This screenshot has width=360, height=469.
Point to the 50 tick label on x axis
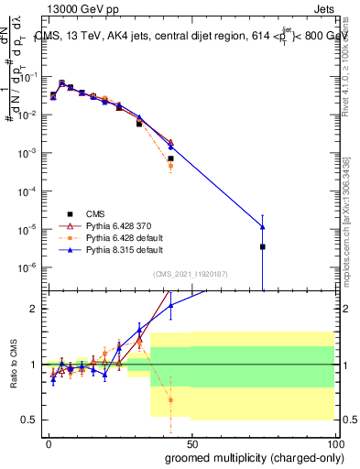click(191, 442)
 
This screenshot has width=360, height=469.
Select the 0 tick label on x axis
click(49, 442)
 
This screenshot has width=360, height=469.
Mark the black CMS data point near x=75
click(263, 246)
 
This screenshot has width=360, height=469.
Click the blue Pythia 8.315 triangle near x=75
click(263, 226)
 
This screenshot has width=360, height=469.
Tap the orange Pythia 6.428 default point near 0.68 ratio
click(170, 399)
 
